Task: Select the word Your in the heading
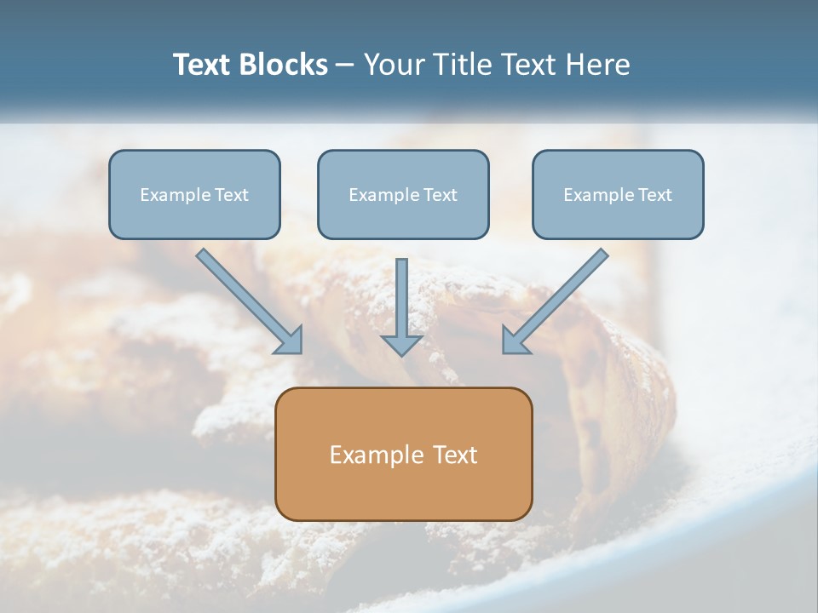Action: [394, 65]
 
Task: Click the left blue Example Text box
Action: [194, 194]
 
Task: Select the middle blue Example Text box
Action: [403, 194]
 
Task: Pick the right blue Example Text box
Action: [618, 194]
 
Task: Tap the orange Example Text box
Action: [403, 454]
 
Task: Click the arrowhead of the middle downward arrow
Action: [402, 343]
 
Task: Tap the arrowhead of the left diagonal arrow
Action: [290, 340]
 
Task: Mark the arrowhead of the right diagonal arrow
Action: [515, 340]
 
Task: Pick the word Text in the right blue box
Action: [654, 195]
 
